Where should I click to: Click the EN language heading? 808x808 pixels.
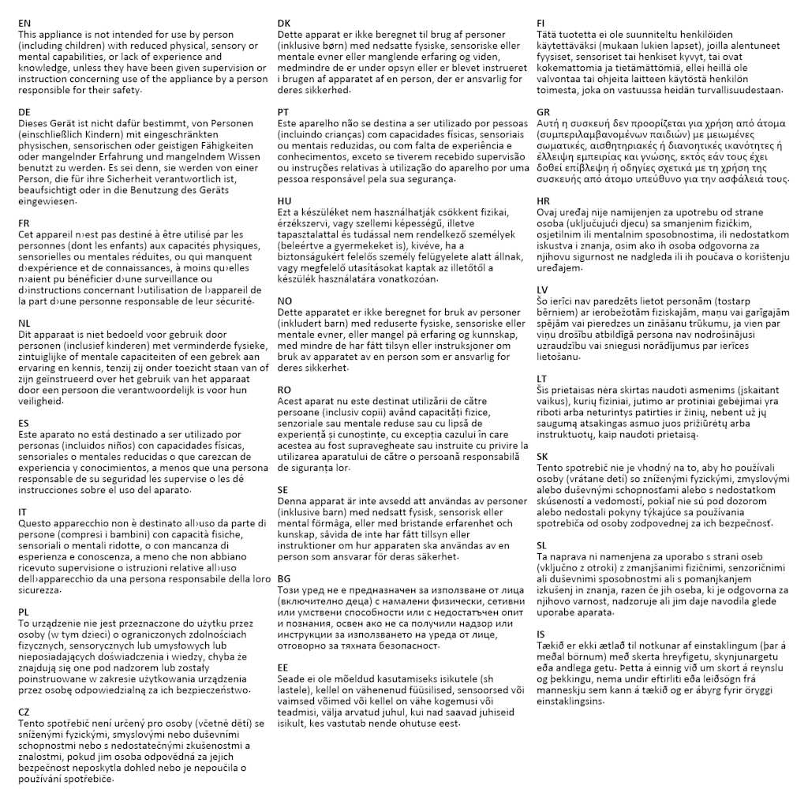(24, 24)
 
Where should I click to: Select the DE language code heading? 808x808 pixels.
(24, 112)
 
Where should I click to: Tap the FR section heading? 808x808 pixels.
(24, 223)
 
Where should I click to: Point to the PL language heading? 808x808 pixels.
(24, 612)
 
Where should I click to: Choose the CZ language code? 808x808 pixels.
(24, 712)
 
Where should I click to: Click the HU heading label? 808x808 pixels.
(285, 200)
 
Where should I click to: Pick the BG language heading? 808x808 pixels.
(284, 578)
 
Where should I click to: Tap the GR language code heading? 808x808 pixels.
(544, 112)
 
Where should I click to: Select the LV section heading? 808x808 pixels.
(543, 290)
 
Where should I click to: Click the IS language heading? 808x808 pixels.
(540, 634)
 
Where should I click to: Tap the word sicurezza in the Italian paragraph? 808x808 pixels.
(39, 589)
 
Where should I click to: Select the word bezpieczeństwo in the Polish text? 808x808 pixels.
(208, 690)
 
